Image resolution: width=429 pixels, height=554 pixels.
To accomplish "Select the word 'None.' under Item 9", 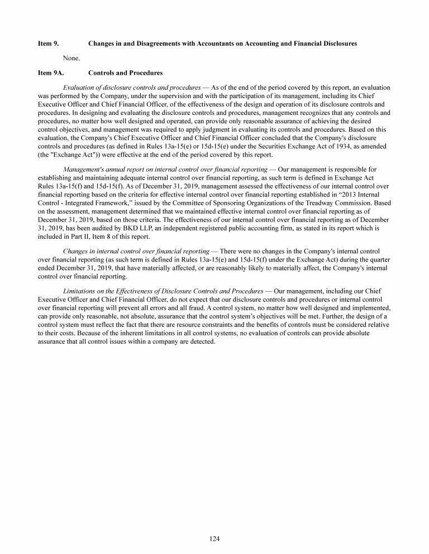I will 71,57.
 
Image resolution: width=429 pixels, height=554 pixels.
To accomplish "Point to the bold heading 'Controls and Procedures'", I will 125,73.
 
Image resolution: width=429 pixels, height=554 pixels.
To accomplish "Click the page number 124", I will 214,538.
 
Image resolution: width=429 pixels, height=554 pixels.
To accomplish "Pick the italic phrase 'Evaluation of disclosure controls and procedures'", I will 132,88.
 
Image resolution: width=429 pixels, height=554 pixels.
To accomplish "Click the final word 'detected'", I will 201,341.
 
